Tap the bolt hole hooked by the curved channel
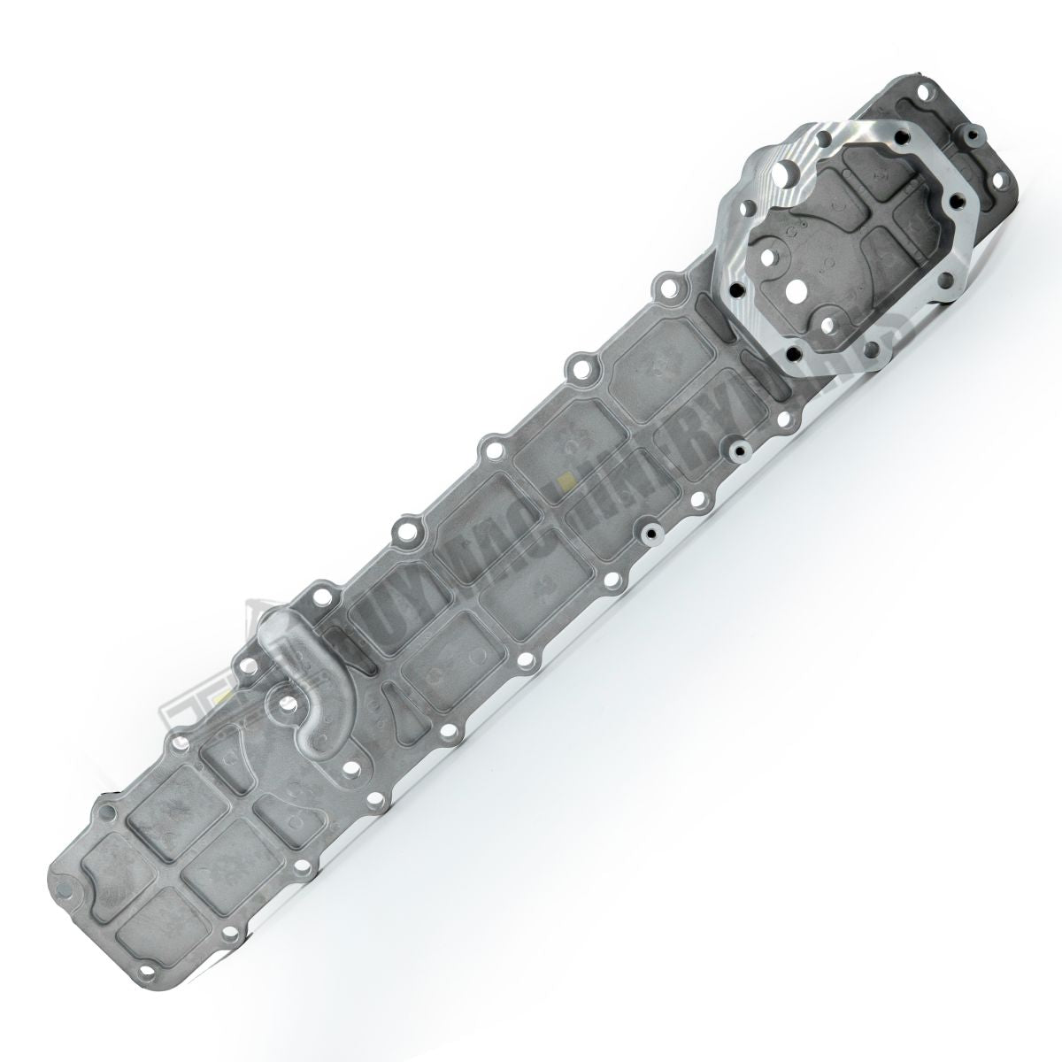coord(286,702)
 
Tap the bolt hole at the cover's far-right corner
coord(1010,169)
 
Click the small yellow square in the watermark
coord(564,483)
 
